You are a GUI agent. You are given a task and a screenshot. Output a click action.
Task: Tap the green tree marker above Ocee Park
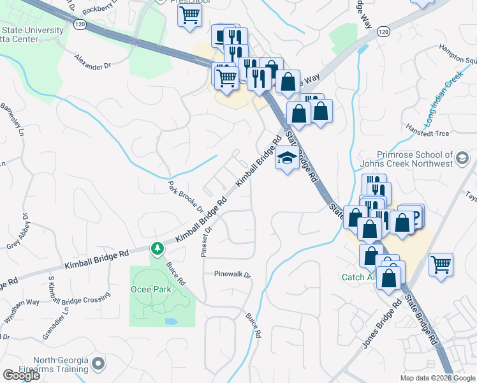[156, 248]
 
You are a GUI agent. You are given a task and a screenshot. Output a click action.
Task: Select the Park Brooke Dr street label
[186, 197]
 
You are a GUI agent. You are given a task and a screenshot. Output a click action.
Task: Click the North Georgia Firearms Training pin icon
[98, 364]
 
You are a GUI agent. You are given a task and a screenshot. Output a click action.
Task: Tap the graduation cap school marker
[287, 158]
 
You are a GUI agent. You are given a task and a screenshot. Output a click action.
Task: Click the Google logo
[21, 375]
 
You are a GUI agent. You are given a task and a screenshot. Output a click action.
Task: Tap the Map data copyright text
[437, 378]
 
